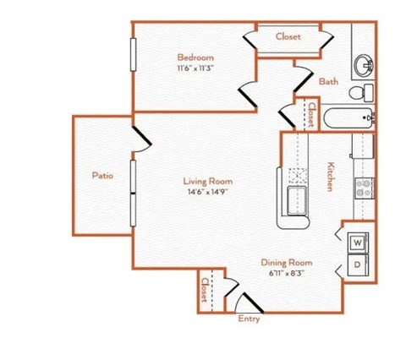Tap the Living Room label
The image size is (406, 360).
(208, 181)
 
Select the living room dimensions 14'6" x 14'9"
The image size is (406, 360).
(208, 192)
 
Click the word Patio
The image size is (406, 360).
(103, 176)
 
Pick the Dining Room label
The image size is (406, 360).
(286, 262)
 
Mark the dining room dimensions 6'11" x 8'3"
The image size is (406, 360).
(286, 273)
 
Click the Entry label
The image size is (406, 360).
(249, 319)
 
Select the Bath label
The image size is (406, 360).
(329, 82)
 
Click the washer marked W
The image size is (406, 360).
(357, 243)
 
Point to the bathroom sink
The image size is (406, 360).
(365, 64)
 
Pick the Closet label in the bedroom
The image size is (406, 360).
(291, 37)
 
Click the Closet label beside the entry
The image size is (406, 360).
(206, 292)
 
